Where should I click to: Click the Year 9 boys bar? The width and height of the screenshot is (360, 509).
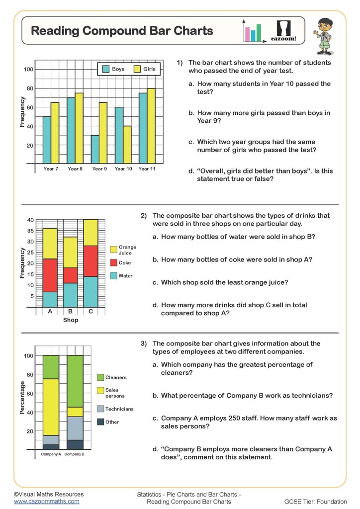point(94,149)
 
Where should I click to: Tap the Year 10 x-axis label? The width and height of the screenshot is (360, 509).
point(123,169)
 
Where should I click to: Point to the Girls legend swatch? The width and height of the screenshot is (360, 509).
point(137,70)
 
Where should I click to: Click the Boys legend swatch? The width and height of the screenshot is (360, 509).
point(105,70)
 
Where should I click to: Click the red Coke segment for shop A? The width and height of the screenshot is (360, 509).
point(50,275)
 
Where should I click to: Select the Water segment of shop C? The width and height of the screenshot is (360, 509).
point(90,292)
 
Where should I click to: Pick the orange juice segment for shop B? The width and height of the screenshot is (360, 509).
point(70,253)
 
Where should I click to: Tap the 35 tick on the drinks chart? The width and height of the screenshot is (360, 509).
point(30,231)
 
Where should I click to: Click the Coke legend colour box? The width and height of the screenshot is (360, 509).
point(113,262)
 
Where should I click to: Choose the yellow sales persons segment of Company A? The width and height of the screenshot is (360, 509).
point(50,407)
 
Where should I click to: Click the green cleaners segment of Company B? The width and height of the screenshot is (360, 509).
point(75,381)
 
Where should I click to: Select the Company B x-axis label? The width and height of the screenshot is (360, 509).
point(75,454)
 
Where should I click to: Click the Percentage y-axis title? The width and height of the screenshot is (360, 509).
point(22,398)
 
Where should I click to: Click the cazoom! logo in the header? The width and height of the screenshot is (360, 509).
point(283,31)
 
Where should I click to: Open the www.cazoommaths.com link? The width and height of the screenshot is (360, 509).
point(46,502)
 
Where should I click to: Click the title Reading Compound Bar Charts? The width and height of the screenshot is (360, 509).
point(122,31)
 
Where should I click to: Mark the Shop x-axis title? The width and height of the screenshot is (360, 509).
point(70,320)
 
